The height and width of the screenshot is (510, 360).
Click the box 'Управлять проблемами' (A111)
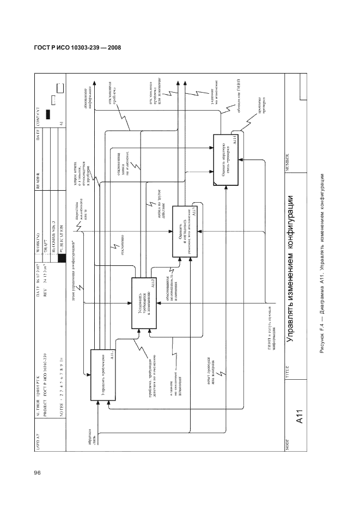pyautogui.click(x=103, y=376)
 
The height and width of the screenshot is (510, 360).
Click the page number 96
pyautogui.click(x=38, y=472)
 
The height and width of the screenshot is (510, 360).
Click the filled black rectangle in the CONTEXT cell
pyautogui.click(x=48, y=114)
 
